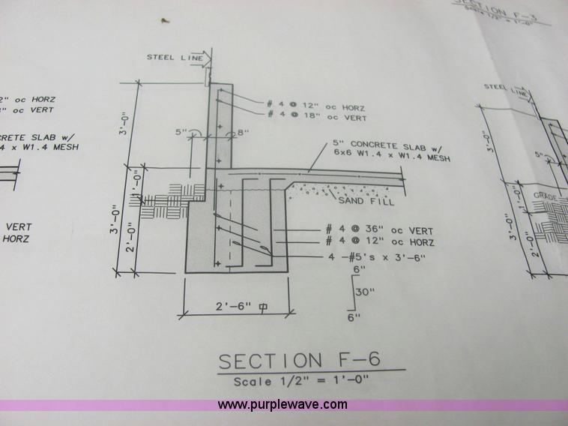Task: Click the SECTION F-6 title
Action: (x=300, y=360)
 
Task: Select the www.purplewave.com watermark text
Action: (x=283, y=404)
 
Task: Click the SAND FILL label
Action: (x=360, y=201)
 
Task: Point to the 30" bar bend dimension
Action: (x=363, y=292)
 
